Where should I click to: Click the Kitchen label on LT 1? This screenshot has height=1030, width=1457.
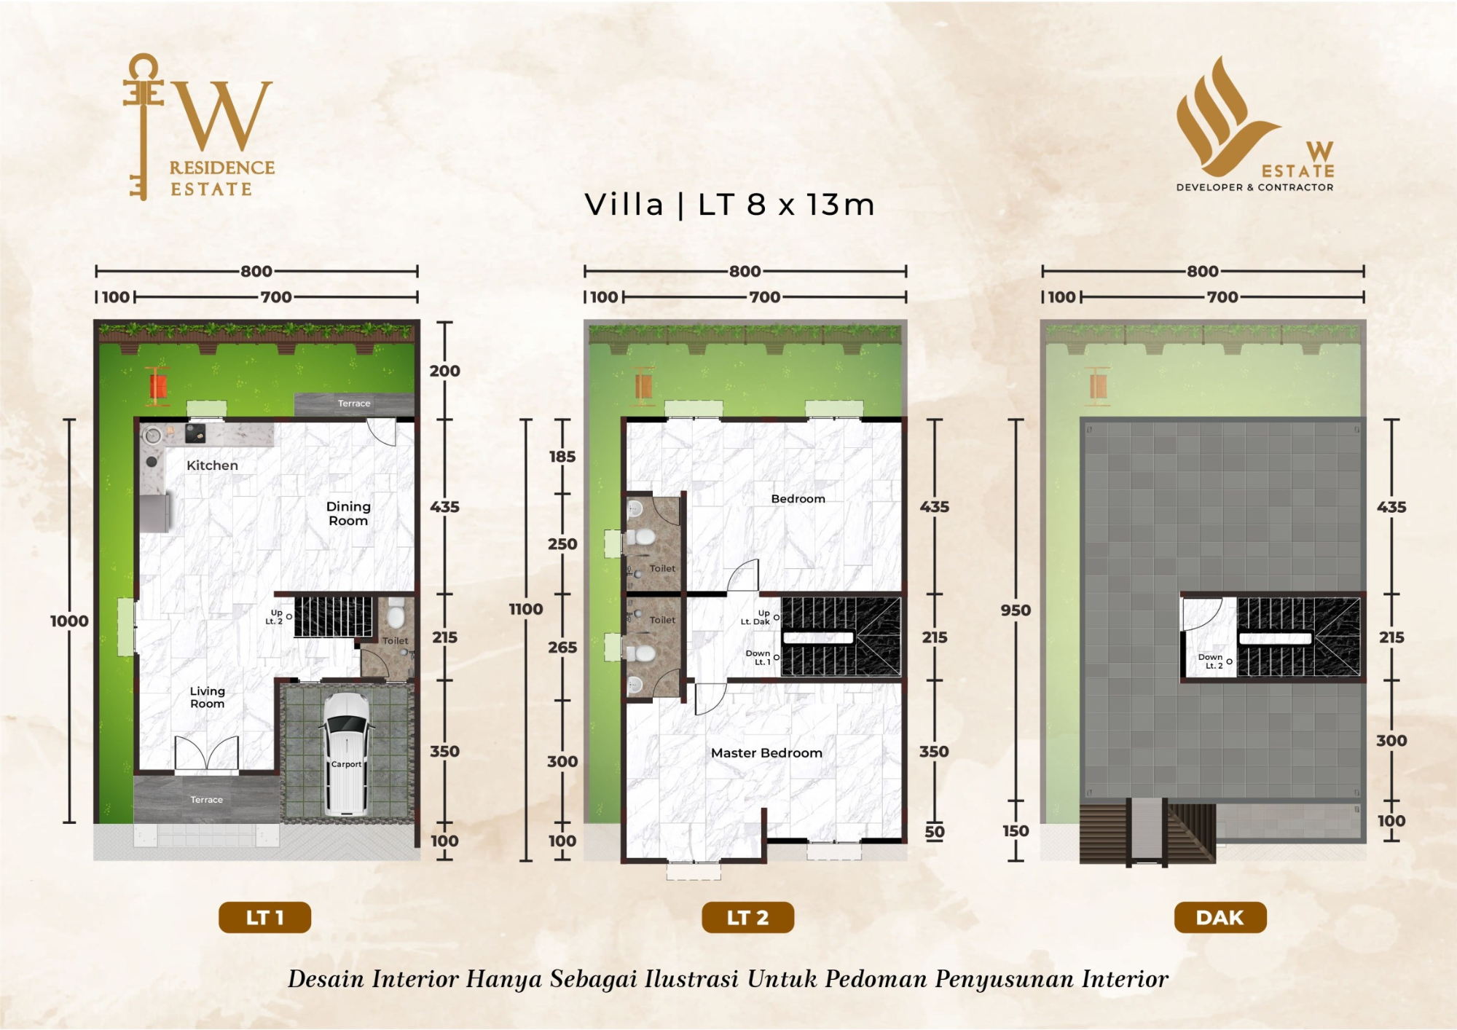pos(212,465)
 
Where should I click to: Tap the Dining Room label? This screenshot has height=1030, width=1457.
pos(348,514)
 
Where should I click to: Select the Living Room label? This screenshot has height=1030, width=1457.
pos(208,697)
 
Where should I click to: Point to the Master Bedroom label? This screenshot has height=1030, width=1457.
pos(766,753)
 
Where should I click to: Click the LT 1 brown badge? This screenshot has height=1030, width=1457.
pos(264,918)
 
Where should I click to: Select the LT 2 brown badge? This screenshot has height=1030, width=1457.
pos(747,918)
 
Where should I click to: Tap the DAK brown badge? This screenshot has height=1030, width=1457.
pos(1220,918)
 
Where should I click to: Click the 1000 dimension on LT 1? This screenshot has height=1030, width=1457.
pos(69,621)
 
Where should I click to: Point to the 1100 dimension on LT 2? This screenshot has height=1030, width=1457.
pos(526,609)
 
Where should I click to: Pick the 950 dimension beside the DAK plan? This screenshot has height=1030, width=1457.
pos(1016,610)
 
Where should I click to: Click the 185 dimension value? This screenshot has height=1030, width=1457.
pos(562,457)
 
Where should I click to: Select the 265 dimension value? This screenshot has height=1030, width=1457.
pos(562,647)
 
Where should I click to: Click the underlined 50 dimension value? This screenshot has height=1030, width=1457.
pos(935,832)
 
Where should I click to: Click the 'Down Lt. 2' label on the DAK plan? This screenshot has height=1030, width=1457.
pos(1211,661)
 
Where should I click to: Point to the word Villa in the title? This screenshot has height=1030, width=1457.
pos(624,205)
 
